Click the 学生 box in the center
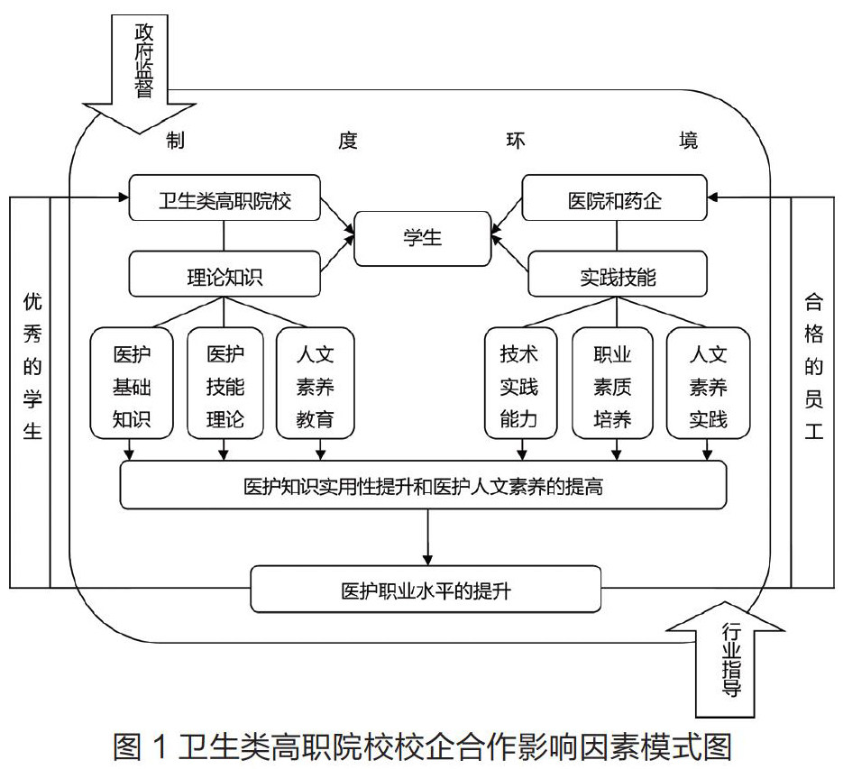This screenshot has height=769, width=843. point(423,238)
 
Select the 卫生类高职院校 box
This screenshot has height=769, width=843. point(224,197)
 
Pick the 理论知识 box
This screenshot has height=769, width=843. point(224,275)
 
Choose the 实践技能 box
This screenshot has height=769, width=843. point(617,275)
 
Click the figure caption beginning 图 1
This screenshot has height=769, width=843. point(421,747)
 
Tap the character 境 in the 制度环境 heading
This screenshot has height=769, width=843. point(689,140)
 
